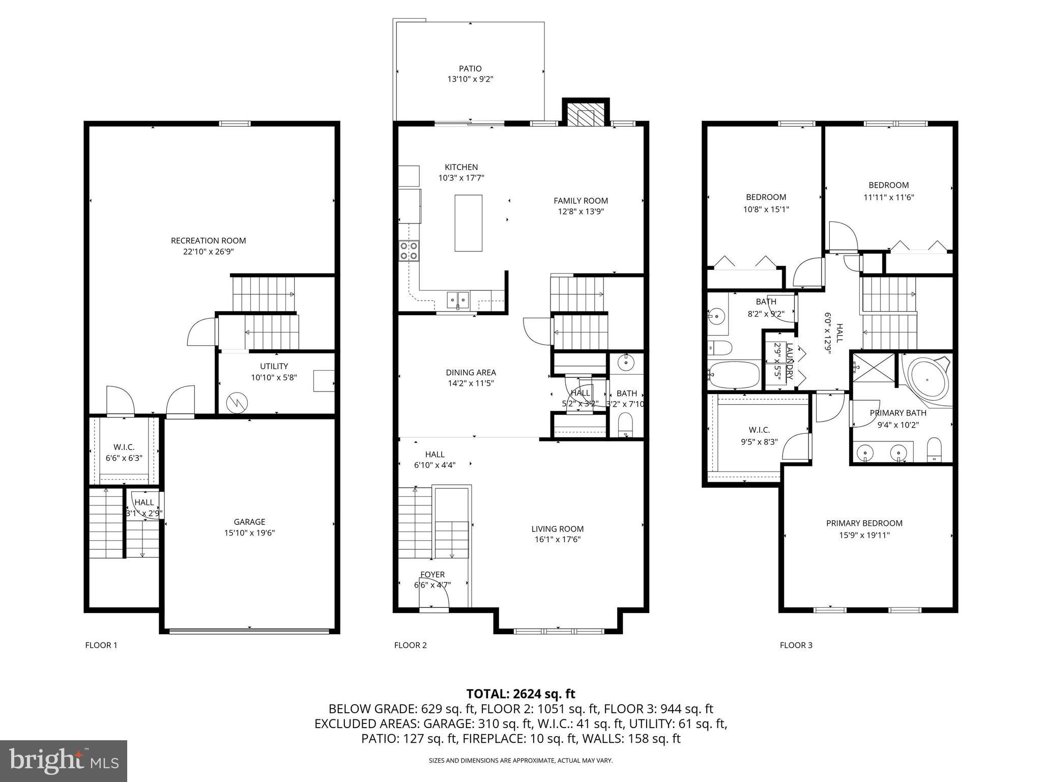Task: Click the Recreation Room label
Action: point(208,240)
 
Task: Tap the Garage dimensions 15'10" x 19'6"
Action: point(249,533)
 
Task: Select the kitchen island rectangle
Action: point(468,223)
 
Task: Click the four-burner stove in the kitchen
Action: point(409,250)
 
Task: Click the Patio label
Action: point(470,68)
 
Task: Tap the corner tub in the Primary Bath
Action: point(928,380)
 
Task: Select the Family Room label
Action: point(581,201)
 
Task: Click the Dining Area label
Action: point(471,372)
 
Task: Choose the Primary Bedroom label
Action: point(864,523)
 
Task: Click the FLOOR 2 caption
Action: point(410,645)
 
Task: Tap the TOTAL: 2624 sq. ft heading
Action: point(520,693)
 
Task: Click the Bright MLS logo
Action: point(64,761)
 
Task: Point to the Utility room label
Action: point(274,366)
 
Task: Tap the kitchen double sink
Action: point(458,299)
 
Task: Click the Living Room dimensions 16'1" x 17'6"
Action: point(557,540)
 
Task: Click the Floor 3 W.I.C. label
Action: point(759,430)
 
